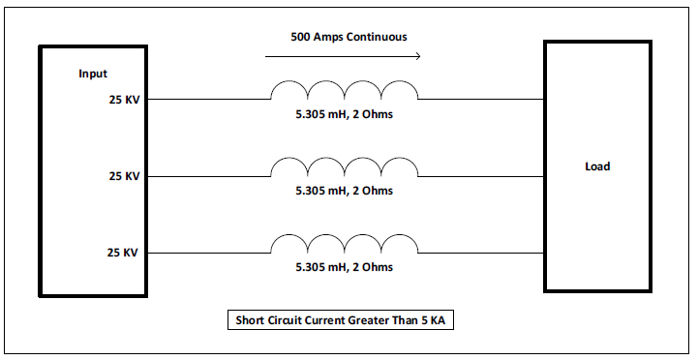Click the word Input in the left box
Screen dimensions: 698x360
click(x=93, y=74)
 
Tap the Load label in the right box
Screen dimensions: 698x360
click(x=597, y=166)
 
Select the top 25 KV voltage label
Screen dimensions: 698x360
click(x=124, y=100)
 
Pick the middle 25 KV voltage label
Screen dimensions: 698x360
click(x=124, y=176)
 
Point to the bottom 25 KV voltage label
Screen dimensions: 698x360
click(x=122, y=253)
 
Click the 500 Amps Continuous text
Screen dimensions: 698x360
click(x=349, y=37)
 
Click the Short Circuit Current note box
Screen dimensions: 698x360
click(x=341, y=320)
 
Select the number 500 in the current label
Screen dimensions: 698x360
click(x=300, y=37)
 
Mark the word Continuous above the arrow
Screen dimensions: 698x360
click(x=377, y=37)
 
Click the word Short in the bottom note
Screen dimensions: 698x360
click(x=249, y=320)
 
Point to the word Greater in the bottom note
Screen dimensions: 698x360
click(x=369, y=320)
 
